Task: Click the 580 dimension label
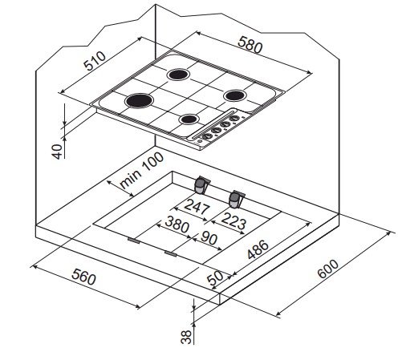250,44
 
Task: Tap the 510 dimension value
95,61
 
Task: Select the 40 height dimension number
57,152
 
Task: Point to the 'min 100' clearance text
141,170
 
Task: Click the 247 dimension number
197,206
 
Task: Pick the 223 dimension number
233,220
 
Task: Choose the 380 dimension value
177,224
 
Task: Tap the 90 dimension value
209,237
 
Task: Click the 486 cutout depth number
258,249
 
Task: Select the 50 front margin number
215,278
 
